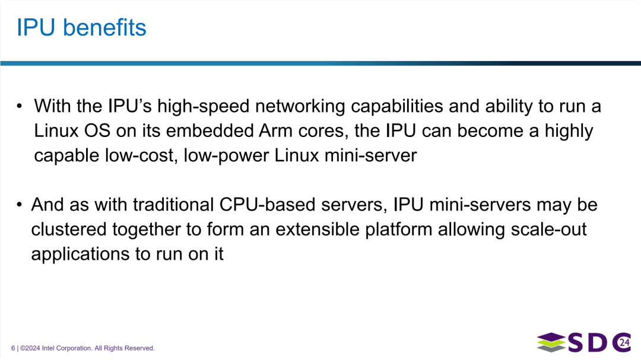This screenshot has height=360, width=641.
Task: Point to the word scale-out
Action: pyautogui.click(x=548, y=230)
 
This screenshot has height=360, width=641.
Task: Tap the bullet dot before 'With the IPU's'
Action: pyautogui.click(x=20, y=107)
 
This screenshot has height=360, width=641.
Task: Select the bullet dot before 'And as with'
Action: pyautogui.click(x=20, y=206)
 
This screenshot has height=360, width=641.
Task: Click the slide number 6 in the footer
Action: pyautogui.click(x=13, y=348)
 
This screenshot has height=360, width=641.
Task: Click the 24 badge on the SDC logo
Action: pyautogui.click(x=624, y=342)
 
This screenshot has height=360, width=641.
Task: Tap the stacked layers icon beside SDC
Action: pyautogui.click(x=551, y=343)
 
